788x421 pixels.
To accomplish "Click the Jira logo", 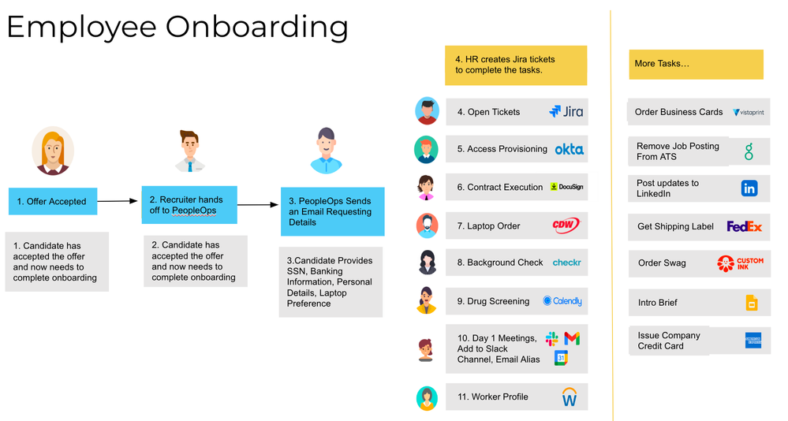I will (566, 112).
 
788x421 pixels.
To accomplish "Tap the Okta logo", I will (569, 149).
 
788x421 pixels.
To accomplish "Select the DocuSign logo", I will (566, 187).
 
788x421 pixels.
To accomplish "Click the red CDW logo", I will (566, 225).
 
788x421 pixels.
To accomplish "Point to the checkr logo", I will (566, 263).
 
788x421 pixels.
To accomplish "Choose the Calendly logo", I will (562, 301).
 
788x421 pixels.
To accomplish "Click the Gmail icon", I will (572, 338).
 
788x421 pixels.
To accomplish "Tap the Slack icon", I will (551, 339).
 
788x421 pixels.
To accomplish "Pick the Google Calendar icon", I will (561, 358).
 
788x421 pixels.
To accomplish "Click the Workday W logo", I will (569, 397).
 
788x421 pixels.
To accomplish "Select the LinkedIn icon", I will (749, 188).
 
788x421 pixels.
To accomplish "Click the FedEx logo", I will (744, 226).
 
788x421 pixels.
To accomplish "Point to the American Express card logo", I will (753, 341).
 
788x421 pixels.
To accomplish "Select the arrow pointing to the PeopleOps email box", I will (258, 205).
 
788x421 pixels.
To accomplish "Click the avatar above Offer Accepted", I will (53, 151).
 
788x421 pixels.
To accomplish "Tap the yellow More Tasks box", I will (696, 64).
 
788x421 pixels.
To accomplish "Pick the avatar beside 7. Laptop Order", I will (427, 225).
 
